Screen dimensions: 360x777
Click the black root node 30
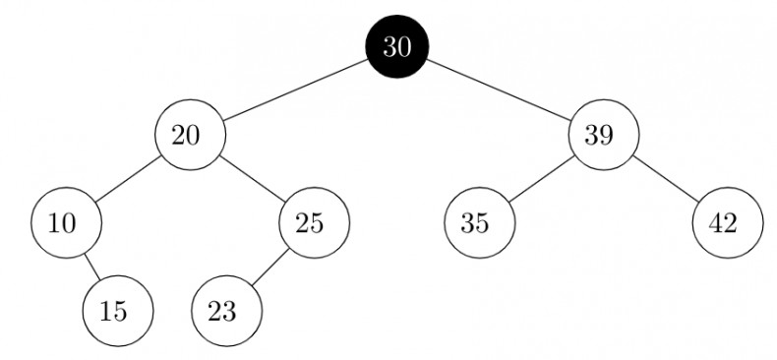pyautogui.click(x=397, y=47)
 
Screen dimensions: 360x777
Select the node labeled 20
pyautogui.click(x=189, y=135)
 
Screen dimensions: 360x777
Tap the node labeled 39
pyautogui.click(x=603, y=135)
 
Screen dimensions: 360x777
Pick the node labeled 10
pyautogui.click(x=65, y=222)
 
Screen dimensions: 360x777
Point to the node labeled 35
pyautogui.click(x=478, y=222)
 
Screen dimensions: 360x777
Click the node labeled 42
pyautogui.click(x=728, y=222)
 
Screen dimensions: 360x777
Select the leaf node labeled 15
pyautogui.click(x=118, y=311)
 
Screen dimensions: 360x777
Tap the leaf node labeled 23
pyautogui.click(x=226, y=311)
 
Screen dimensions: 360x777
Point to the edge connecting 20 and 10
pyautogui.click(x=127, y=179)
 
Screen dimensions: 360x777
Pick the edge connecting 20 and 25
pyautogui.click(x=252, y=179)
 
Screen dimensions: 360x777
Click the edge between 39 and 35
pyautogui.click(x=540, y=179)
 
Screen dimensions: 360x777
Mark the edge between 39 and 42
pyautogui.click(x=665, y=179)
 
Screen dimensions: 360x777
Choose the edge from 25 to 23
pyautogui.click(x=270, y=267)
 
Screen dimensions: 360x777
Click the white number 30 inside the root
pyautogui.click(x=397, y=47)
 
